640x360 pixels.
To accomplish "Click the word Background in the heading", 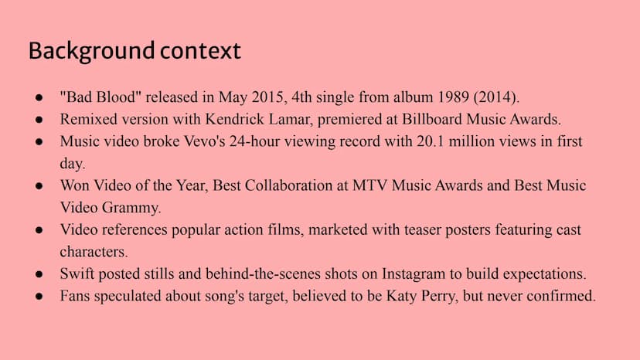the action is click(x=91, y=52).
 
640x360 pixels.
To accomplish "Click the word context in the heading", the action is click(x=200, y=51).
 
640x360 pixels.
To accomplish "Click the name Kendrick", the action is click(x=234, y=119).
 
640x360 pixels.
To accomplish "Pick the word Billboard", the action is click(x=432, y=119).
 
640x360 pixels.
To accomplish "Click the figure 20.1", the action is click(x=431, y=141).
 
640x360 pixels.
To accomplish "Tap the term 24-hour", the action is click(x=254, y=141).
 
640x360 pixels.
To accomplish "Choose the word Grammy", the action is click(x=131, y=208).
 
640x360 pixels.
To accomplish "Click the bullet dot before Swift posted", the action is click(x=39, y=274).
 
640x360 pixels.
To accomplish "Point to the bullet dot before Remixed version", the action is click(x=39, y=120).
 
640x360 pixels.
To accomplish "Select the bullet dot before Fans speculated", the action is click(x=39, y=297).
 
